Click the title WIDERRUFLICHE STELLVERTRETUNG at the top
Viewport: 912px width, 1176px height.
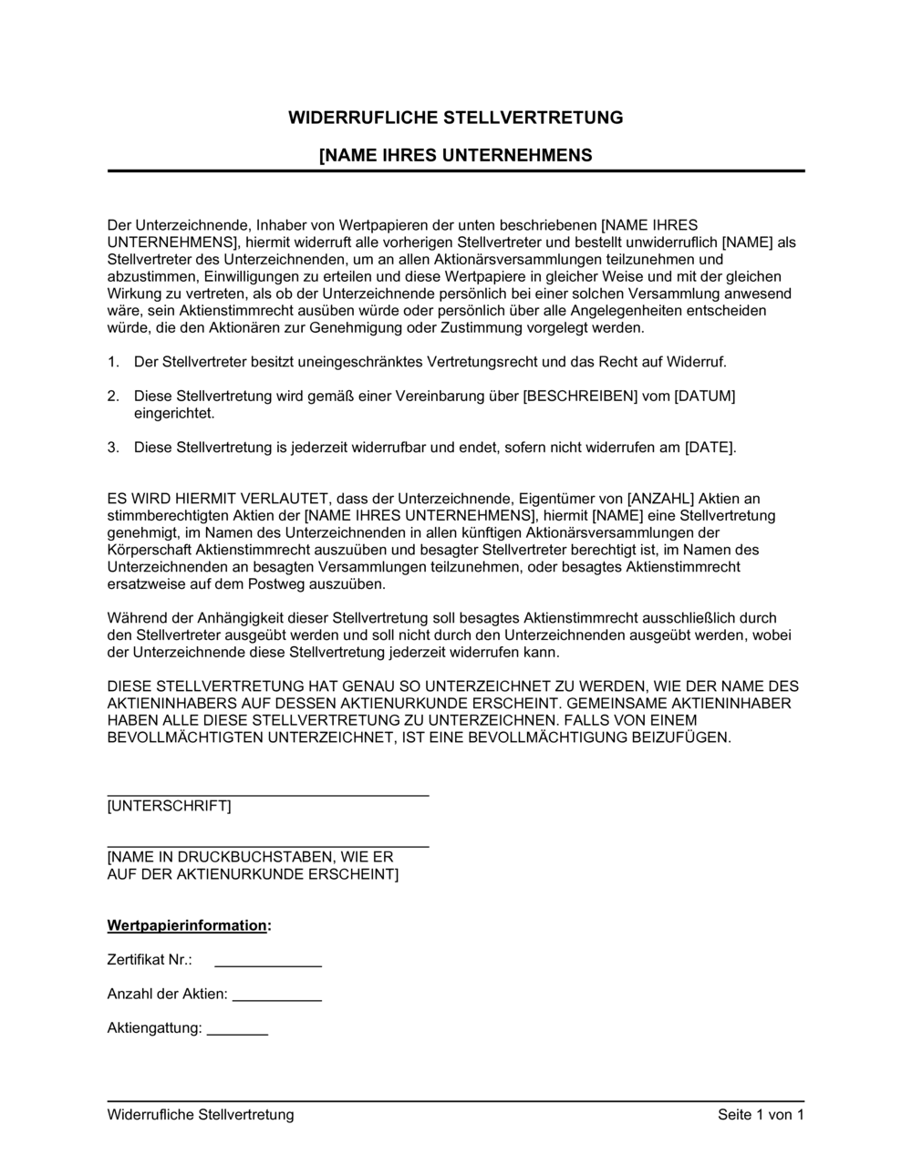(x=455, y=118)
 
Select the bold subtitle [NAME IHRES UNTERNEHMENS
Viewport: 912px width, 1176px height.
(x=455, y=156)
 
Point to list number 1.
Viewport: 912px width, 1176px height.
(x=113, y=362)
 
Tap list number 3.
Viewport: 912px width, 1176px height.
(x=113, y=448)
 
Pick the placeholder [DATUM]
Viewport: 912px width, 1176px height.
(x=704, y=396)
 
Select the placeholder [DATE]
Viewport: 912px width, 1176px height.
(x=708, y=448)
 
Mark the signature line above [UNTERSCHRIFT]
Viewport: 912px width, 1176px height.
(x=268, y=795)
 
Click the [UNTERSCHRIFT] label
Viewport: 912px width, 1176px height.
(x=169, y=807)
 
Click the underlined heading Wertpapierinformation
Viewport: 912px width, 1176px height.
(x=187, y=925)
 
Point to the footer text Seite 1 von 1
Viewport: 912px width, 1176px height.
(x=761, y=1115)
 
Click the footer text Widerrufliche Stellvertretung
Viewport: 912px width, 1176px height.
(x=201, y=1115)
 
